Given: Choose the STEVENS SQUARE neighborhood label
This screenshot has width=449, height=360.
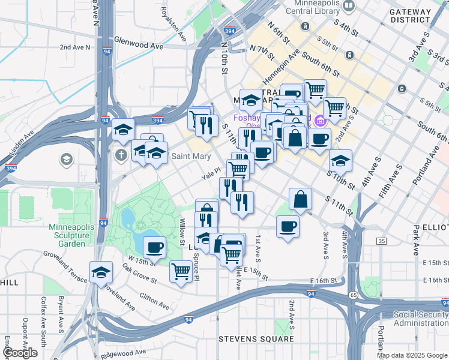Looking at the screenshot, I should click(x=256, y=340).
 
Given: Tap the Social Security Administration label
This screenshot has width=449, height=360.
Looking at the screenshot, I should click(x=420, y=319).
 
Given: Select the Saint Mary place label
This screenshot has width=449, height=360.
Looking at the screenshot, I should click(x=191, y=157).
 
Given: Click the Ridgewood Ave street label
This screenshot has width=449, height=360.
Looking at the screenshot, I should click(x=124, y=352).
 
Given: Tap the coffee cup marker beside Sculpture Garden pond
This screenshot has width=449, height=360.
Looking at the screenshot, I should click(x=154, y=247).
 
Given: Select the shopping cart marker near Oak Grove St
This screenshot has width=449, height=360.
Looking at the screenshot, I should click(x=181, y=272).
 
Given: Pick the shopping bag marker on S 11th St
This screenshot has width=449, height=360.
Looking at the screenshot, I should click(x=300, y=200).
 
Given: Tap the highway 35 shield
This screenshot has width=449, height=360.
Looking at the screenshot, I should click(x=382, y=241).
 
